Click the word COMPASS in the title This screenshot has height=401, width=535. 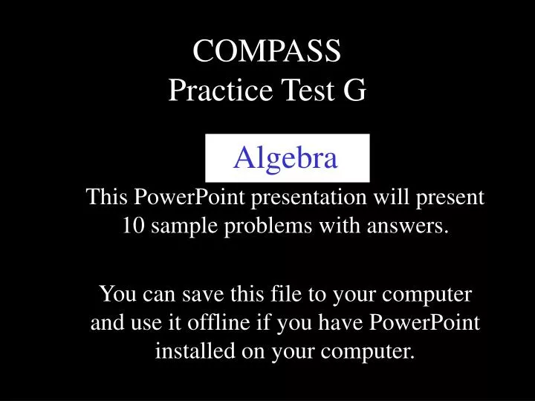(x=267, y=51)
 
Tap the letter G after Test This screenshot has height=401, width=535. (x=353, y=90)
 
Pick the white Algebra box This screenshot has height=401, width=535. (x=287, y=157)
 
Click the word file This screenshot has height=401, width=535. (x=273, y=295)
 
